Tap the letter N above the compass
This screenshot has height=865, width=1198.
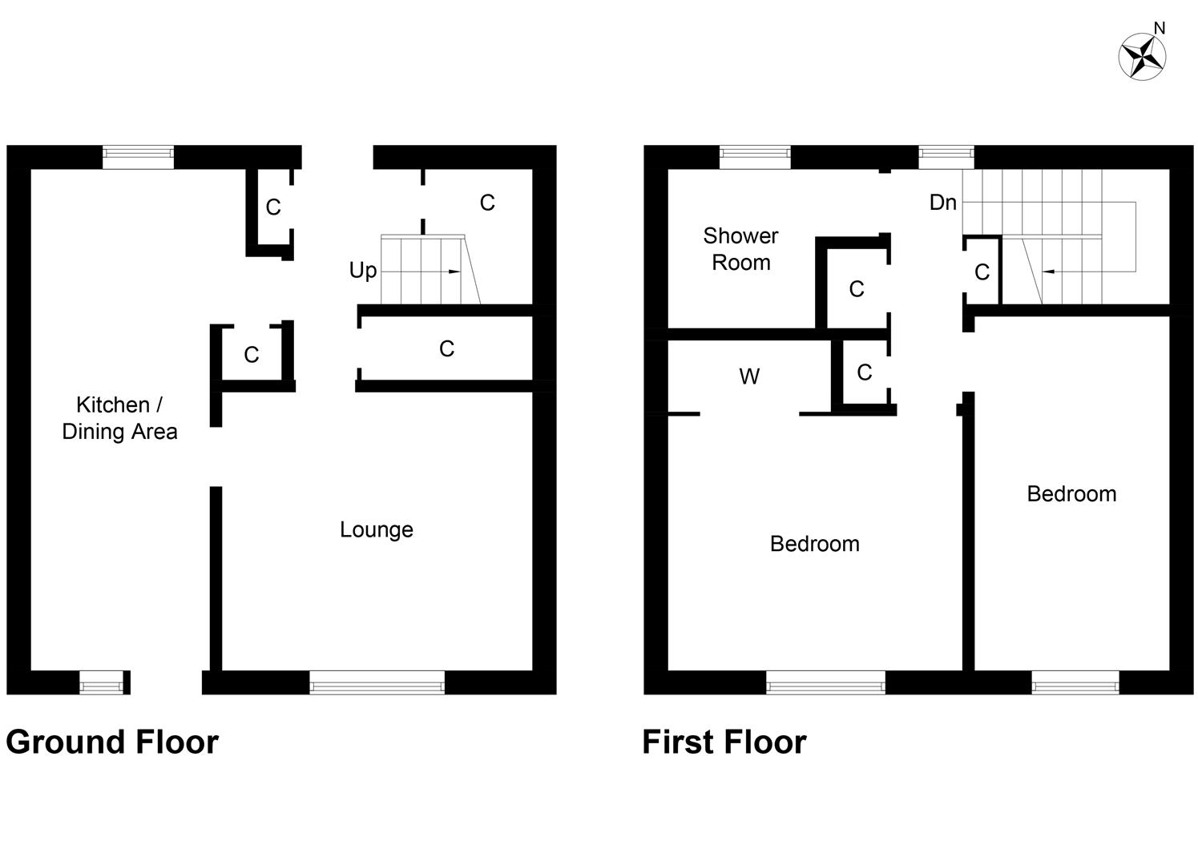point(1159,29)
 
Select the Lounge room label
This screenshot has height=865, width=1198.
point(376,529)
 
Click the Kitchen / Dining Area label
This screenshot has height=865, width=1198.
point(119,418)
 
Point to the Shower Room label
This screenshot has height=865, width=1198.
point(740,249)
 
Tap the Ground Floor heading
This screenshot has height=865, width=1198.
point(112,742)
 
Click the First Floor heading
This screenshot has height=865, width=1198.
point(724,742)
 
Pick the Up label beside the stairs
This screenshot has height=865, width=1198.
point(362,271)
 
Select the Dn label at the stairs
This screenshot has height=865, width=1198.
point(942,203)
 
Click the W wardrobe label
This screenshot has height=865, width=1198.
point(748,376)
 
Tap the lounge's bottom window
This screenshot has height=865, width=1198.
point(377,683)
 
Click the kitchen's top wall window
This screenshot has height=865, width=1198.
point(138,157)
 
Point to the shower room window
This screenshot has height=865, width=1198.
point(755,157)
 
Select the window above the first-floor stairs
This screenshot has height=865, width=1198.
point(946,157)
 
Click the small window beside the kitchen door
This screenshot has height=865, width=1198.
point(104,683)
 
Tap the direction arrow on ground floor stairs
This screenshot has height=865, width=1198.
point(454,272)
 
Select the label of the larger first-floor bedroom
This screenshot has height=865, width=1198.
point(814,544)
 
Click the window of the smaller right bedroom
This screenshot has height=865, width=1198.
point(1075,683)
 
